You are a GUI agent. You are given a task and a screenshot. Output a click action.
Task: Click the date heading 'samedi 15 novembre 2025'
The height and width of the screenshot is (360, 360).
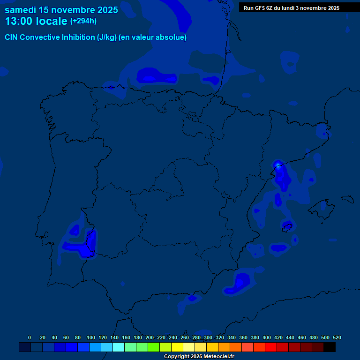[x=61, y=10]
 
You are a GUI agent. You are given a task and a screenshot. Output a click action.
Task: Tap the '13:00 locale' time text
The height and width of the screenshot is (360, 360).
[x=36, y=21]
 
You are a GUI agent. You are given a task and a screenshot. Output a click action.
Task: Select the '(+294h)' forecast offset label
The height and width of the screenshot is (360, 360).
[x=83, y=21]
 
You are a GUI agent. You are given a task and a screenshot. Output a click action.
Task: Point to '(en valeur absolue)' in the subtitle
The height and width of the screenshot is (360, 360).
[x=153, y=37]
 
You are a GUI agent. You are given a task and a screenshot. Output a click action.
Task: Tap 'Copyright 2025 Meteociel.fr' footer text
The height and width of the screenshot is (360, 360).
[x=199, y=356]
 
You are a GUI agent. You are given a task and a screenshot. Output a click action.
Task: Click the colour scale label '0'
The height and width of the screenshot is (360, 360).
[x=30, y=337]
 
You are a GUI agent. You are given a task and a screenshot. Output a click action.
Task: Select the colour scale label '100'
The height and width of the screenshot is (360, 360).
[x=91, y=337]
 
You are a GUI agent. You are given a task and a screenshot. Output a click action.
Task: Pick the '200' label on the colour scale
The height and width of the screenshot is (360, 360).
[x=150, y=337]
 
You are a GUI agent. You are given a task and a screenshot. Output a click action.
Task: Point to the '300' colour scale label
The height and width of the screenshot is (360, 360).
[x=208, y=337]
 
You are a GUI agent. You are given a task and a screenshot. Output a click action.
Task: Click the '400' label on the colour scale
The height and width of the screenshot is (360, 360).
[x=267, y=337]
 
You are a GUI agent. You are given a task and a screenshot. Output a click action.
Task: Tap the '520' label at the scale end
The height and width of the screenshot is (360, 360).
[x=337, y=337]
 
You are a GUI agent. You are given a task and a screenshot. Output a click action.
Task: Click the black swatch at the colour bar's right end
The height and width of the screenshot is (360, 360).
[x=330, y=347]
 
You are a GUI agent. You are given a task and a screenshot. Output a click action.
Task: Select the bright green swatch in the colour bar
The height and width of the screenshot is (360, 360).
[x=154, y=347]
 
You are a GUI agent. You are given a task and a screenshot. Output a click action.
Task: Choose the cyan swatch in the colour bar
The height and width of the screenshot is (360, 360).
[x=119, y=347]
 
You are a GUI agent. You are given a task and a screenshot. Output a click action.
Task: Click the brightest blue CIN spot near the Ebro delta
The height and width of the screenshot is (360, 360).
[x=277, y=164]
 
